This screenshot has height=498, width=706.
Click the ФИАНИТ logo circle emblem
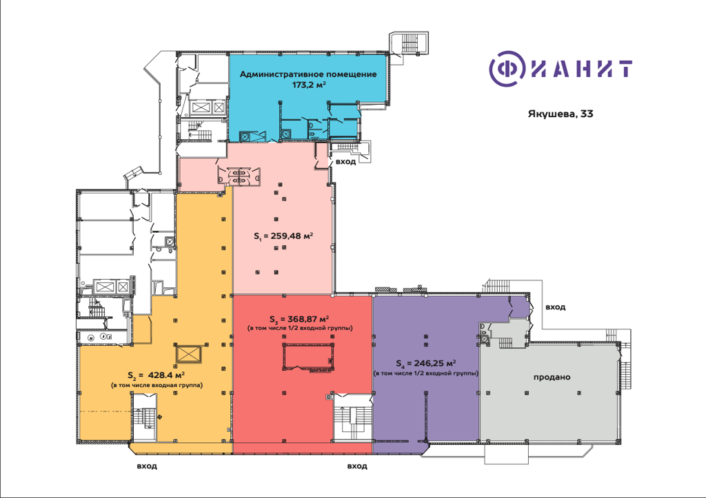[507, 69]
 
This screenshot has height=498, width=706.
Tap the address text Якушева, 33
[561, 114]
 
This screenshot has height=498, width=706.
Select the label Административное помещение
[308, 74]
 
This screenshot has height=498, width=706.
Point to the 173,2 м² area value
[309, 84]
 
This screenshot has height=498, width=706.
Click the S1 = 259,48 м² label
[283, 236]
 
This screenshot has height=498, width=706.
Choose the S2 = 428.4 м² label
[157, 375]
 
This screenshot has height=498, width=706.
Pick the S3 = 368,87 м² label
[299, 320]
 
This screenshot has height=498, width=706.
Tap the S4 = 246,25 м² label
[426, 363]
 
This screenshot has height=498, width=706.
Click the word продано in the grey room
[552, 377]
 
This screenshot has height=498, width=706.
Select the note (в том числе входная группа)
[157, 385]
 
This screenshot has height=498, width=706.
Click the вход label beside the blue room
[346, 161]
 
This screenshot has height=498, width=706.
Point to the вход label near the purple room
[555, 307]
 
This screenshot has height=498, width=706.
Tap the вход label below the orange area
[147, 466]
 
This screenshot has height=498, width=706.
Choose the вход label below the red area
[357, 466]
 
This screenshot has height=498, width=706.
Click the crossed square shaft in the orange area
[188, 353]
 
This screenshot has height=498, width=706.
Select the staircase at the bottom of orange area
[145, 418]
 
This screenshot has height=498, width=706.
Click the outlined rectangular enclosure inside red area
[308, 357]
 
